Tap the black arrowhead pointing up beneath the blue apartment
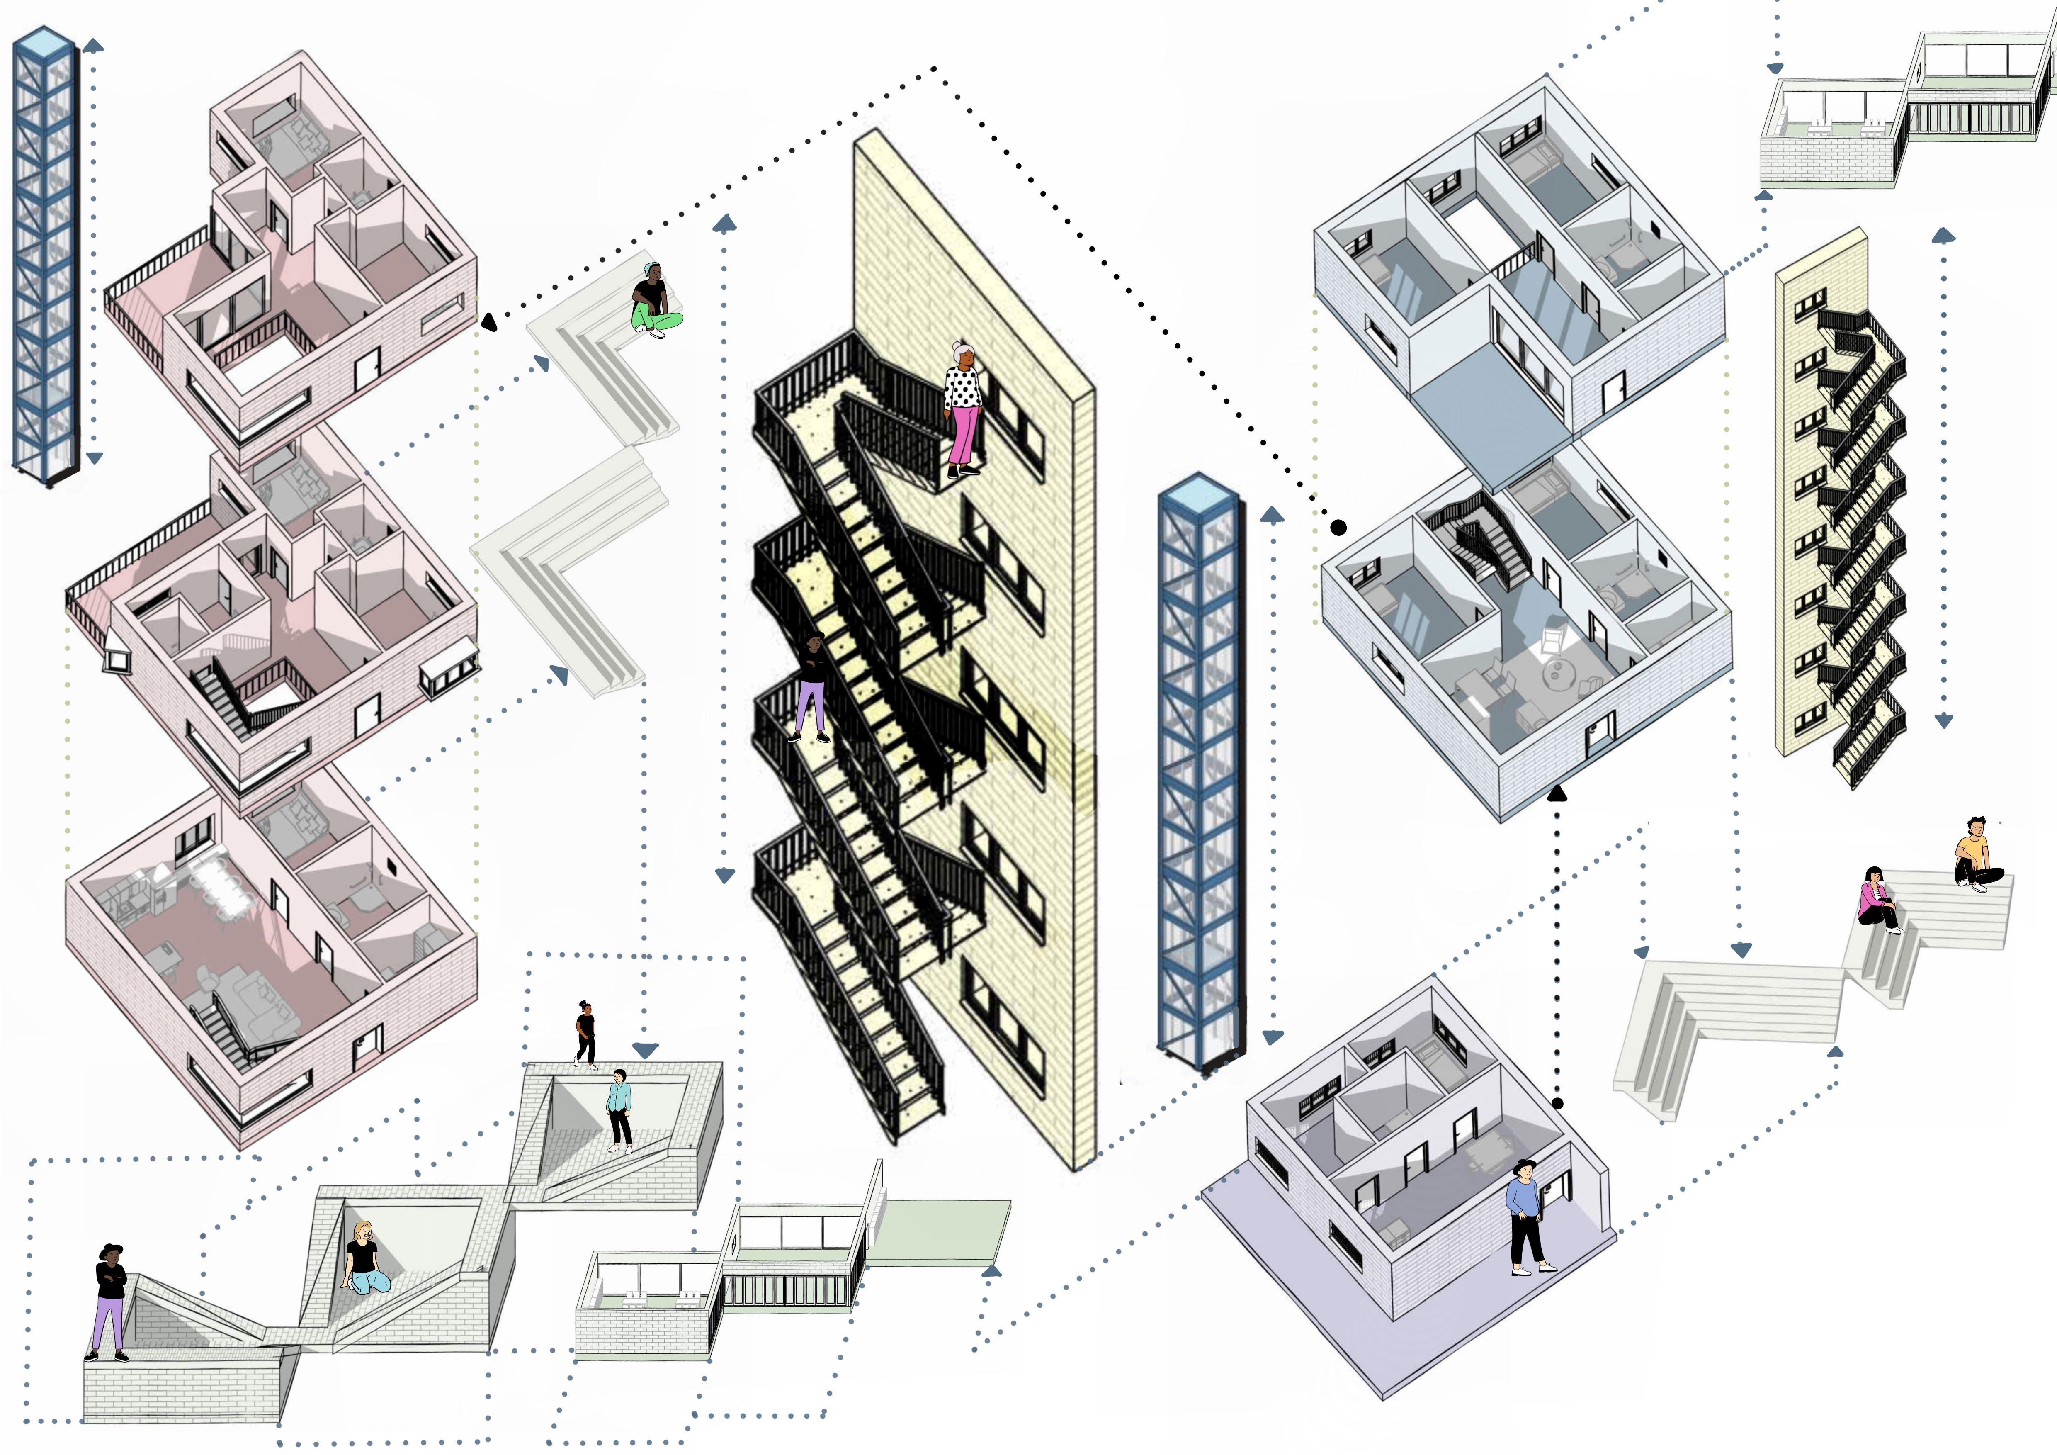coord(1557,792)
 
